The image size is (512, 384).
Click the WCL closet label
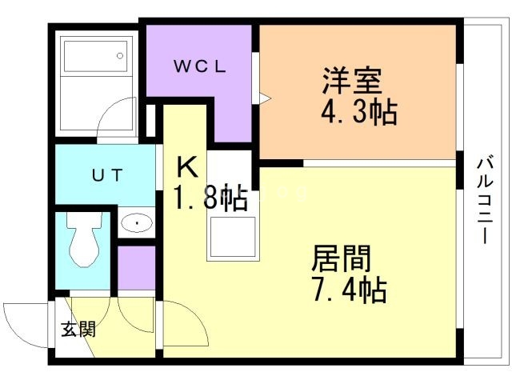coord(201,66)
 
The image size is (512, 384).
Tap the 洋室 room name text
coord(351,80)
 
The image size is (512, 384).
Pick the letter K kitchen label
coord(186,167)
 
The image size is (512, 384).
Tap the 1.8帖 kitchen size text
coord(210,198)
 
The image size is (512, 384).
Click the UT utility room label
coord(106,175)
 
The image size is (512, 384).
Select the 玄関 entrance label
coord(78,328)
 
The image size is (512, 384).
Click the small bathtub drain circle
coord(120,56)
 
